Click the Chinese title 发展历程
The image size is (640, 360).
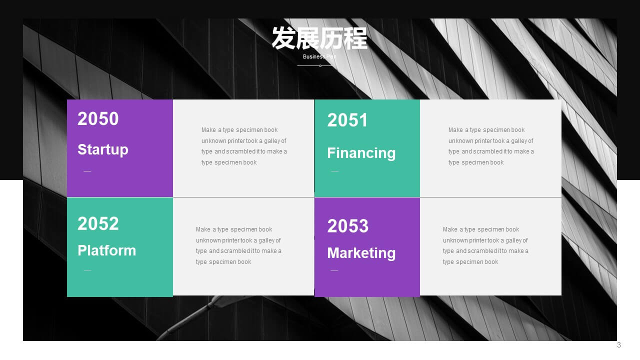(x=319, y=38)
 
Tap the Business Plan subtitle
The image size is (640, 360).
(x=319, y=56)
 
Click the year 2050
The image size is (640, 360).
(x=98, y=118)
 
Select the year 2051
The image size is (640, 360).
(x=347, y=120)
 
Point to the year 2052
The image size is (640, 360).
(x=98, y=223)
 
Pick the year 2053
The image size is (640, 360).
(x=347, y=226)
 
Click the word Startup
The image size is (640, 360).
(x=103, y=149)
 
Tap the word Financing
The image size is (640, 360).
(x=361, y=153)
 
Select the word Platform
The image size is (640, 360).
(x=107, y=250)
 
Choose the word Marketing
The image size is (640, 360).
(x=361, y=253)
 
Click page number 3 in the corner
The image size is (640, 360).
(x=619, y=345)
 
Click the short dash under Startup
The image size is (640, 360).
(x=87, y=171)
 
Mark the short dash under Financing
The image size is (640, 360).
(x=334, y=171)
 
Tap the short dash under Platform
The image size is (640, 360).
(x=87, y=270)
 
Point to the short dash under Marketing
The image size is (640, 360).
(x=334, y=270)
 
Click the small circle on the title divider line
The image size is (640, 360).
(x=320, y=65)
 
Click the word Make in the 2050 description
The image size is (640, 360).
(x=208, y=130)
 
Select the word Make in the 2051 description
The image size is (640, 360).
(x=455, y=130)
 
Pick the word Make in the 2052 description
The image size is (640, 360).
(x=203, y=229)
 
